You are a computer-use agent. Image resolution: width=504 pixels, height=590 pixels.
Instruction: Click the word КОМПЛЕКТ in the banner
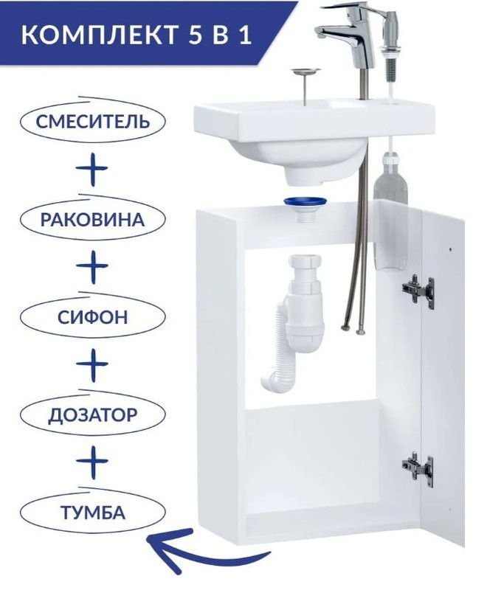pyautogui.click(x=99, y=34)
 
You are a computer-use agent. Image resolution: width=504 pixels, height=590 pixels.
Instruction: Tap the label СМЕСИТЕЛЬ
pyautogui.click(x=93, y=122)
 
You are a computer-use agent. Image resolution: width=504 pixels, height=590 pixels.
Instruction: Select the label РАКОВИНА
pyautogui.click(x=92, y=219)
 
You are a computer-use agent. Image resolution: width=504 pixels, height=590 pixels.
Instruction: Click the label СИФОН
pyautogui.click(x=92, y=317)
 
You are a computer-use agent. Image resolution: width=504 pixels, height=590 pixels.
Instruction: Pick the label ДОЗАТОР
pyautogui.click(x=92, y=415)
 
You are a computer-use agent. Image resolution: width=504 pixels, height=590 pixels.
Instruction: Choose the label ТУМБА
pyautogui.click(x=92, y=513)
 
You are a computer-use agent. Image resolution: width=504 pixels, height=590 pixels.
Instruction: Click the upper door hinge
pyautogui.click(x=418, y=288)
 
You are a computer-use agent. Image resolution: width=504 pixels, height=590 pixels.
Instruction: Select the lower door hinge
pyautogui.click(x=418, y=469)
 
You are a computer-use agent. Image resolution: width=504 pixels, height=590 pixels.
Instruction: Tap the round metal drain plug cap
pyautogui.click(x=305, y=71)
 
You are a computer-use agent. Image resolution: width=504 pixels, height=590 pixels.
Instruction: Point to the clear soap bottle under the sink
pyautogui.click(x=390, y=211)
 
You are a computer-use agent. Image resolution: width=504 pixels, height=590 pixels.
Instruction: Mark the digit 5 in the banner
pyautogui.click(x=196, y=35)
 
